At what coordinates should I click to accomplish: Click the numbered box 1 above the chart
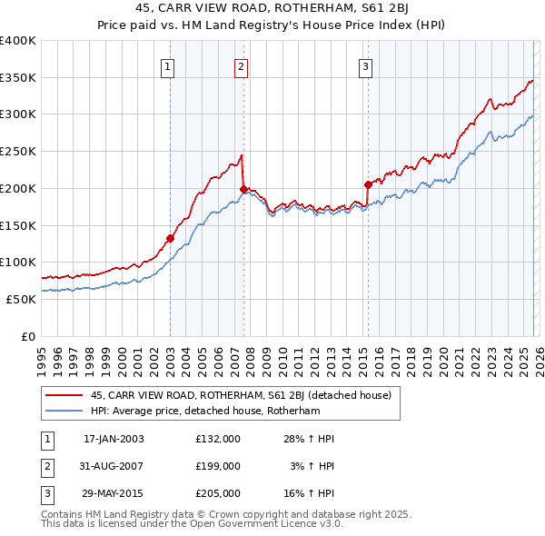pos(169,65)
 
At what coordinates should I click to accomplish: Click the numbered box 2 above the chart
pos(241,65)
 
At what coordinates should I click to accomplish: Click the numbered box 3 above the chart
pos(365,65)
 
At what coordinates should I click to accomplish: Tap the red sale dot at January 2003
pos(170,239)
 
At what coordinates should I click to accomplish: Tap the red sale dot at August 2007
pos(243,189)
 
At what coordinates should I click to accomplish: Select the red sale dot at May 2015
pos(368,184)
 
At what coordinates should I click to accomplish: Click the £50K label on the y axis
pos(21,299)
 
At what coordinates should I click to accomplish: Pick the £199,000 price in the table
pos(218,466)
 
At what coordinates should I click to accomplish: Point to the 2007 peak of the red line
pos(241,155)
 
